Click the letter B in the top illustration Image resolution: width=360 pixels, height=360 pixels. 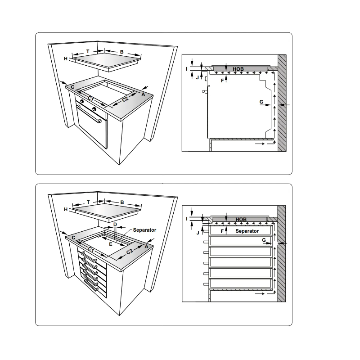click(121, 52)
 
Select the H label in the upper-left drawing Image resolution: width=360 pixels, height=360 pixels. click(66, 59)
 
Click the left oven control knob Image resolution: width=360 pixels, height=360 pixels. click(82, 102)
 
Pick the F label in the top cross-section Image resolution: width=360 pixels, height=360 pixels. click(222, 80)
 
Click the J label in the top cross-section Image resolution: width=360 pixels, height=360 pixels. click(198, 77)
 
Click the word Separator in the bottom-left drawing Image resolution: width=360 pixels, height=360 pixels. click(144, 230)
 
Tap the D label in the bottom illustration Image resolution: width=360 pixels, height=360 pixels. click(115, 224)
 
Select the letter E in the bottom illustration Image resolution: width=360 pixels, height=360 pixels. click(110, 243)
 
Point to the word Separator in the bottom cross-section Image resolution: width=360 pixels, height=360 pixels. click(247, 231)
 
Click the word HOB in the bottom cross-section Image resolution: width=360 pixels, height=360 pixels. click(241, 220)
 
